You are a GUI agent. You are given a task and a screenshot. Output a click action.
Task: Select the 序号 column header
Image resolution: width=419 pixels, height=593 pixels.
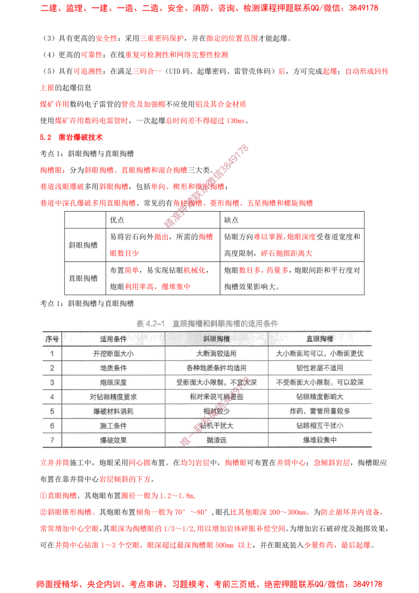[x=52, y=339]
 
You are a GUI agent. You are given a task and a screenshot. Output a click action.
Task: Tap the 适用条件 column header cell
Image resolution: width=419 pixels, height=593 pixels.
[x=114, y=339]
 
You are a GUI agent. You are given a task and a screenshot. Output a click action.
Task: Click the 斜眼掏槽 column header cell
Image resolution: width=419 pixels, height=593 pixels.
[x=216, y=339]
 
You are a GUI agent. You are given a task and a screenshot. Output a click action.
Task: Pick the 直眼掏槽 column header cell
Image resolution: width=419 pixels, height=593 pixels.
[x=320, y=339]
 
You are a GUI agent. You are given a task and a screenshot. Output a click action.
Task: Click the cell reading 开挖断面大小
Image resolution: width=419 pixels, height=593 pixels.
[x=114, y=354]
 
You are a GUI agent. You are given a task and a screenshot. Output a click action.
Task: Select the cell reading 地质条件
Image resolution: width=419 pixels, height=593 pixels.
[x=114, y=368]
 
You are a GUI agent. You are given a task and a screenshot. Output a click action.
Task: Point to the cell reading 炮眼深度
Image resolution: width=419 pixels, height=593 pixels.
[x=114, y=382]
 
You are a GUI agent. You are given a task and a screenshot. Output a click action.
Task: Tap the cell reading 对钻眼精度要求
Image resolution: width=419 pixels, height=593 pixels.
[x=114, y=397]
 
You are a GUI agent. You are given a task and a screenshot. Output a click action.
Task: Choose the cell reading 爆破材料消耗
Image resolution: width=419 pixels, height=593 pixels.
[x=114, y=411]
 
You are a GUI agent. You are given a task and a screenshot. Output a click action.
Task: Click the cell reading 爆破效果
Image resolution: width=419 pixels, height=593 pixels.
[x=114, y=440]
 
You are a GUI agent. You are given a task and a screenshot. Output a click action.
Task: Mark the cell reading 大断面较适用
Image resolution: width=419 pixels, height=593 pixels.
[x=216, y=354]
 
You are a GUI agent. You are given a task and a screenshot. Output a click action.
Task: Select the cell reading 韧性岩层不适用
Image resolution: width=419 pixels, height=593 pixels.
[x=320, y=368]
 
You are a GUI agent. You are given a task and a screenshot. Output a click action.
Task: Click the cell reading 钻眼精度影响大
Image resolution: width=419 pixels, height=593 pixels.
[x=320, y=397]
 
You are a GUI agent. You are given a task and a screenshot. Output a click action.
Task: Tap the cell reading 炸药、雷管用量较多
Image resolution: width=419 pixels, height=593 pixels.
[x=320, y=411]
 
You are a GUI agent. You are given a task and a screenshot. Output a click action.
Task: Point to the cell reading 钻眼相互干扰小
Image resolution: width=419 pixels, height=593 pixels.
[x=320, y=426]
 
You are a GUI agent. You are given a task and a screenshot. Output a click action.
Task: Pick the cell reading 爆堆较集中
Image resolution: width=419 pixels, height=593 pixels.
[x=320, y=440]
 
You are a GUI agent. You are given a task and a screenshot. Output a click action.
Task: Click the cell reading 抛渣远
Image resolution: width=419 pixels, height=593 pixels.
[x=216, y=440]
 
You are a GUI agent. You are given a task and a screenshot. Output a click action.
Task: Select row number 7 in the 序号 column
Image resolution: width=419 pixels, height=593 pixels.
[x=52, y=440]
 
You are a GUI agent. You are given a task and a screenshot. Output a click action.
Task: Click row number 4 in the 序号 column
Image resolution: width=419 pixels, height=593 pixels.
[x=52, y=397]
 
